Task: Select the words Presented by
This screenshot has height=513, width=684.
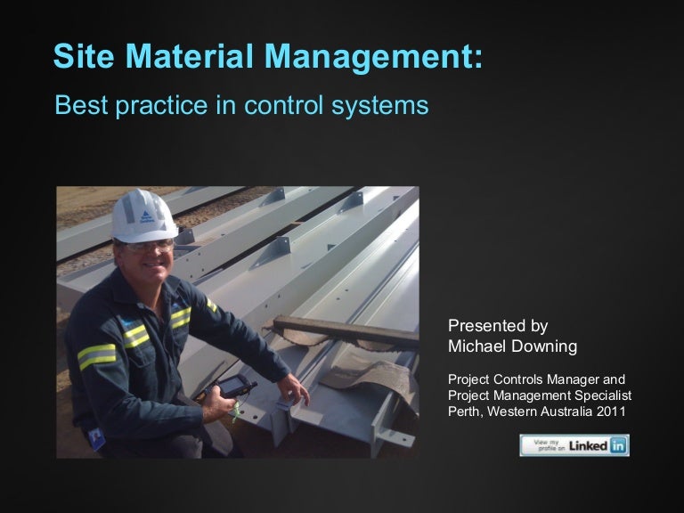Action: [x=497, y=325]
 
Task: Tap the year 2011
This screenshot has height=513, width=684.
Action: [x=612, y=411]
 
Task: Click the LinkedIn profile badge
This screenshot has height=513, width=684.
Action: [x=574, y=445]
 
